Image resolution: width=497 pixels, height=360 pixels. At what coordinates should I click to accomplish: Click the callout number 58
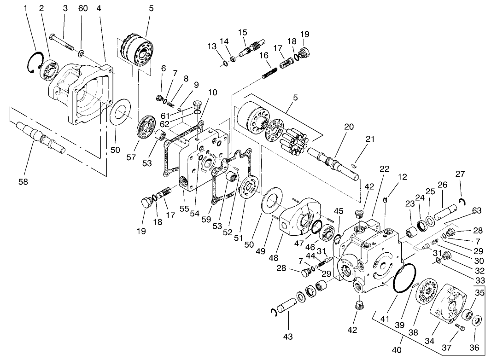(x=23, y=181)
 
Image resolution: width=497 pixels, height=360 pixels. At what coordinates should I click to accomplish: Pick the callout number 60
(x=83, y=9)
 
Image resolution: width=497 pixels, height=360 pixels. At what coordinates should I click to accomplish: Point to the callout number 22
(x=385, y=168)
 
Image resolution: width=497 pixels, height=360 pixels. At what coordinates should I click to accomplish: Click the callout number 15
(x=243, y=32)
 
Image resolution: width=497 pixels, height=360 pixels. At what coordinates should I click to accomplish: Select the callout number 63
(x=476, y=211)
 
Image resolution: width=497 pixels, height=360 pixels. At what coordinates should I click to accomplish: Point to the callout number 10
(x=212, y=92)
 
